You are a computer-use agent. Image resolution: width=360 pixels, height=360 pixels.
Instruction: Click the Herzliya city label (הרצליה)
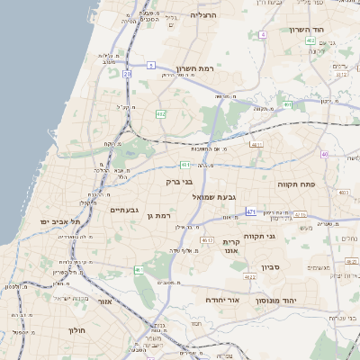204,16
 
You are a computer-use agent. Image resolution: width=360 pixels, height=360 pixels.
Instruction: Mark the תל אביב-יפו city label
60,221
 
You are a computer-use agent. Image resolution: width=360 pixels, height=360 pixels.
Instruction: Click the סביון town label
272,267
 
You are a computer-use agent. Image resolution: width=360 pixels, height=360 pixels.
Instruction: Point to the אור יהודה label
221,300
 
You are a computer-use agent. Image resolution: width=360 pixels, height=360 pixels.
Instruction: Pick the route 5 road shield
152,65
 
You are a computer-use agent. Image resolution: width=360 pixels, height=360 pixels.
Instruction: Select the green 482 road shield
160,113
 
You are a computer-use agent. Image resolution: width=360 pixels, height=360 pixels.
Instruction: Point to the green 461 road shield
139,270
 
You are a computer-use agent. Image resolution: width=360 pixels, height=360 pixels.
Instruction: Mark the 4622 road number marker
206,240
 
